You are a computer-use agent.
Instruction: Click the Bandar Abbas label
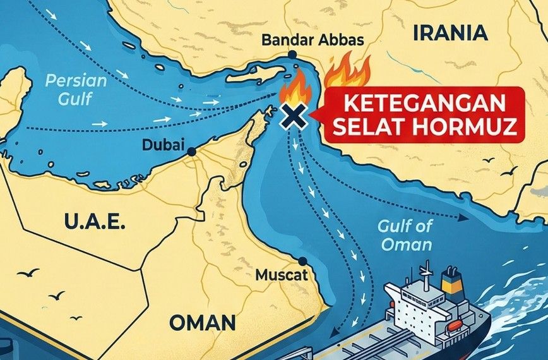[x=312, y=40]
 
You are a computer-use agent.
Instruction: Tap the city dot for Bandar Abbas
[x=292, y=55]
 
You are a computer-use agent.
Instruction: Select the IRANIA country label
[x=450, y=32]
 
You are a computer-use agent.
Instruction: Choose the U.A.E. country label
[x=95, y=222]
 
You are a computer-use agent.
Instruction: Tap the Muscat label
[x=282, y=275]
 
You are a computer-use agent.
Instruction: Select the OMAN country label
[x=202, y=322]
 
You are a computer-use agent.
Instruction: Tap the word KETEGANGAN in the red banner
[x=420, y=103]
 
